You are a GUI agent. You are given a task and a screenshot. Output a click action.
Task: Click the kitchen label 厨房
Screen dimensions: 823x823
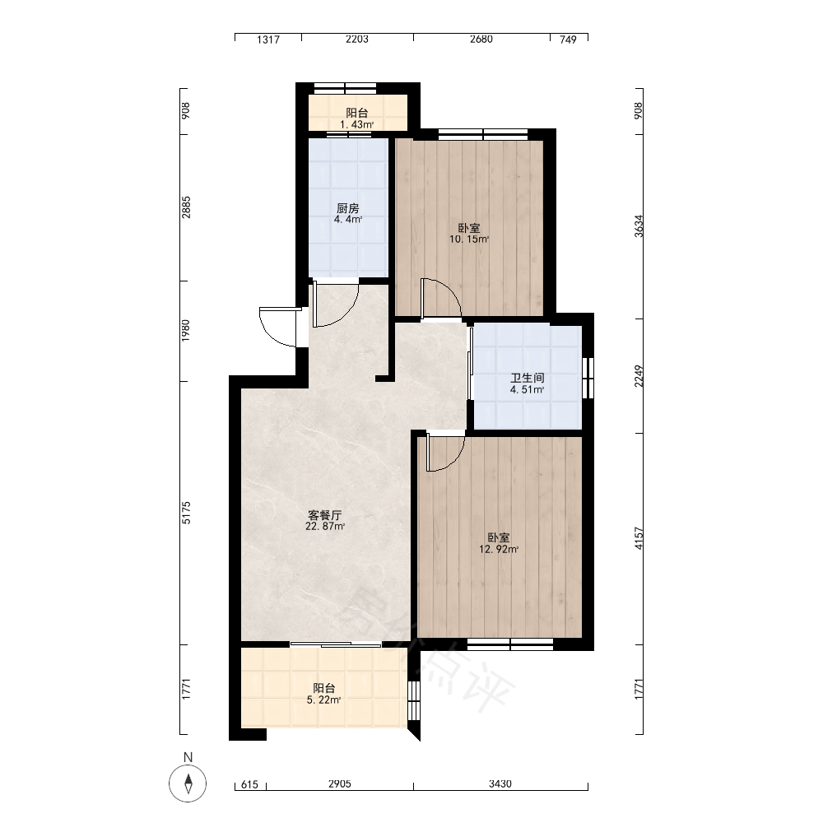pos(348,208)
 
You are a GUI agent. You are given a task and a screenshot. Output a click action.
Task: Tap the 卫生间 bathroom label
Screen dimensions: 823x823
pos(528,378)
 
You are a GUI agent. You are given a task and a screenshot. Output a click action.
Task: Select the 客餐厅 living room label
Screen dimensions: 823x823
pos(325,515)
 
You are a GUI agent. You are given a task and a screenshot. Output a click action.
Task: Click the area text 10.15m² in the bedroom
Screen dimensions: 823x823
pos(469,239)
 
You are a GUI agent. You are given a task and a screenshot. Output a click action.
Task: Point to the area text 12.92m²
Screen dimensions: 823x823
pos(499,550)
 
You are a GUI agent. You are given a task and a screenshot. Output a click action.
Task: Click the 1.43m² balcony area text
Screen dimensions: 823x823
pos(357,124)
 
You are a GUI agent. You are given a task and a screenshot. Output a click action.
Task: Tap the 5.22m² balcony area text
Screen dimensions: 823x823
pos(323,700)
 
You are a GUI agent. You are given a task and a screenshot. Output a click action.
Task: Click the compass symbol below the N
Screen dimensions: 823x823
pos(188,783)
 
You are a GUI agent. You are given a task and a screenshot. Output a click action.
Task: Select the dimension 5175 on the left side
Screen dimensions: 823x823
pos(186,513)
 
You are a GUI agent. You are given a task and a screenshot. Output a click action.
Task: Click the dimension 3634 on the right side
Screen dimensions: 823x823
pos(639,226)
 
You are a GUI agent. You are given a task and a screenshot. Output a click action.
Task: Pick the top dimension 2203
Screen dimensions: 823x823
pos(357,40)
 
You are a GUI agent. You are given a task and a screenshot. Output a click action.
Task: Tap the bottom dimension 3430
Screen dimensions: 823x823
pos(500,783)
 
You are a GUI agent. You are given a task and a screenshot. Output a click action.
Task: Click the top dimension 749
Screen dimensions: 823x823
pos(568,40)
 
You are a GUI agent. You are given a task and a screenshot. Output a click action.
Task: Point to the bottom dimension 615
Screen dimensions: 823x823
pos(250,784)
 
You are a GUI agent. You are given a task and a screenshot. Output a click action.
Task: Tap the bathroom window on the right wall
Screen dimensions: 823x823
pos(588,378)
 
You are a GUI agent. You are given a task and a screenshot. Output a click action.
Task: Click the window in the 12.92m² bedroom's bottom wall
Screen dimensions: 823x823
pos(510,644)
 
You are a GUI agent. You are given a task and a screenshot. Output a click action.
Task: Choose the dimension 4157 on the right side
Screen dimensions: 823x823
pos(639,538)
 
